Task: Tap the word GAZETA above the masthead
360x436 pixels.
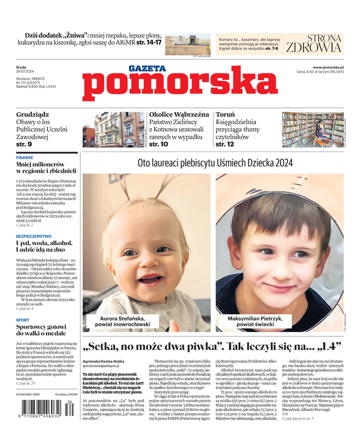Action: [x=147, y=68]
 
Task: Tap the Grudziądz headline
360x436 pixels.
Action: [x=33, y=115]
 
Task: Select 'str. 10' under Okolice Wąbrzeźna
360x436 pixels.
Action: [x=158, y=144]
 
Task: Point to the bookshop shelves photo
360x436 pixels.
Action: [x=312, y=130]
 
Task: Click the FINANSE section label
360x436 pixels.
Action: [x=25, y=158]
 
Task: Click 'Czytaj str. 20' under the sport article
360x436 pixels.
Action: [x=26, y=383]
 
